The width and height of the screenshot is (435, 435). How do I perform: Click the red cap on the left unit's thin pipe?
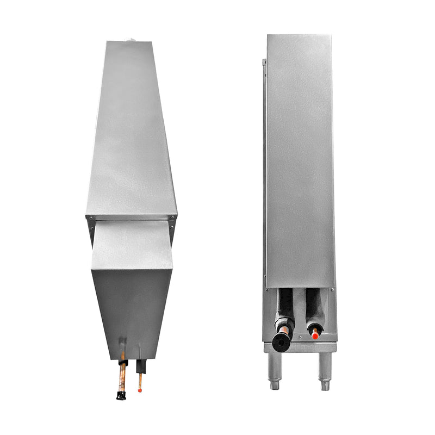pos(140,390)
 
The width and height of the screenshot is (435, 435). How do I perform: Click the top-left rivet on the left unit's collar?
pos(91,219)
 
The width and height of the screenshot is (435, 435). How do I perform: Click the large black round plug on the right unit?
pos(282,341)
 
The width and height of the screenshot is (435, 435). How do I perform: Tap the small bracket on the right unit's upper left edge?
pos(264,62)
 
